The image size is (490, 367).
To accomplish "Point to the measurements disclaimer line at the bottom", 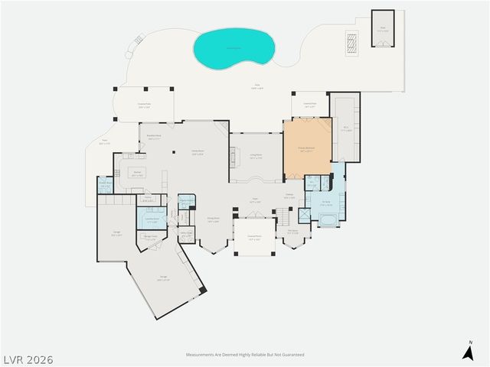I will point(245,355).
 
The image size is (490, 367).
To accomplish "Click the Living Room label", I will point(256,156).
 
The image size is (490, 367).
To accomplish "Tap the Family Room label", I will point(198,153).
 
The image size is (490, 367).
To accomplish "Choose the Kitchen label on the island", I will point(137,174).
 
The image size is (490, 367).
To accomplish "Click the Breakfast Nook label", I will point(154,138).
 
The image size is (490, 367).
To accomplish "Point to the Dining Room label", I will point(214,220).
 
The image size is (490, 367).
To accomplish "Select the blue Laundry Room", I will point(152,219).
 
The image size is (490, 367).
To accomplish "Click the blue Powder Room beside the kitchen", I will point(105,185).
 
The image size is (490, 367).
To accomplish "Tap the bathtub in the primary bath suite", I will point(329,222).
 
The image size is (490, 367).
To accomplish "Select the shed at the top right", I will point(383,29).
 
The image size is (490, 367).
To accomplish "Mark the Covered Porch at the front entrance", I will point(254,237).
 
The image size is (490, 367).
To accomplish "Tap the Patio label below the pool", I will point(256,86).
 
